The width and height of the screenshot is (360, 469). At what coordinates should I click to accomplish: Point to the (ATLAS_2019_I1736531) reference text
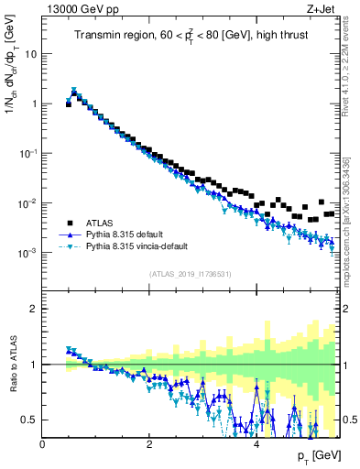[x=190, y=274]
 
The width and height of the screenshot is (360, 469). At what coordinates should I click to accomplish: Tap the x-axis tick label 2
[x=149, y=444]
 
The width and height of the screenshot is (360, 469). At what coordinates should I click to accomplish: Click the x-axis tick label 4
[x=256, y=444]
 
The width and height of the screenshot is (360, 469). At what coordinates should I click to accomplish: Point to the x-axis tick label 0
[x=43, y=444]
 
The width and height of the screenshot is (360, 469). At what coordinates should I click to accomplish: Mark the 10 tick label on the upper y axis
[x=30, y=53]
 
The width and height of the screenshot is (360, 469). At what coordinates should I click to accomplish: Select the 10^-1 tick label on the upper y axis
[x=27, y=153]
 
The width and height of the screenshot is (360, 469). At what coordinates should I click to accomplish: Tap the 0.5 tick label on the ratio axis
[x=29, y=420]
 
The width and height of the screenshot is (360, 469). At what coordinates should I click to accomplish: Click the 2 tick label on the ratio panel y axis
[x=35, y=309]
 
